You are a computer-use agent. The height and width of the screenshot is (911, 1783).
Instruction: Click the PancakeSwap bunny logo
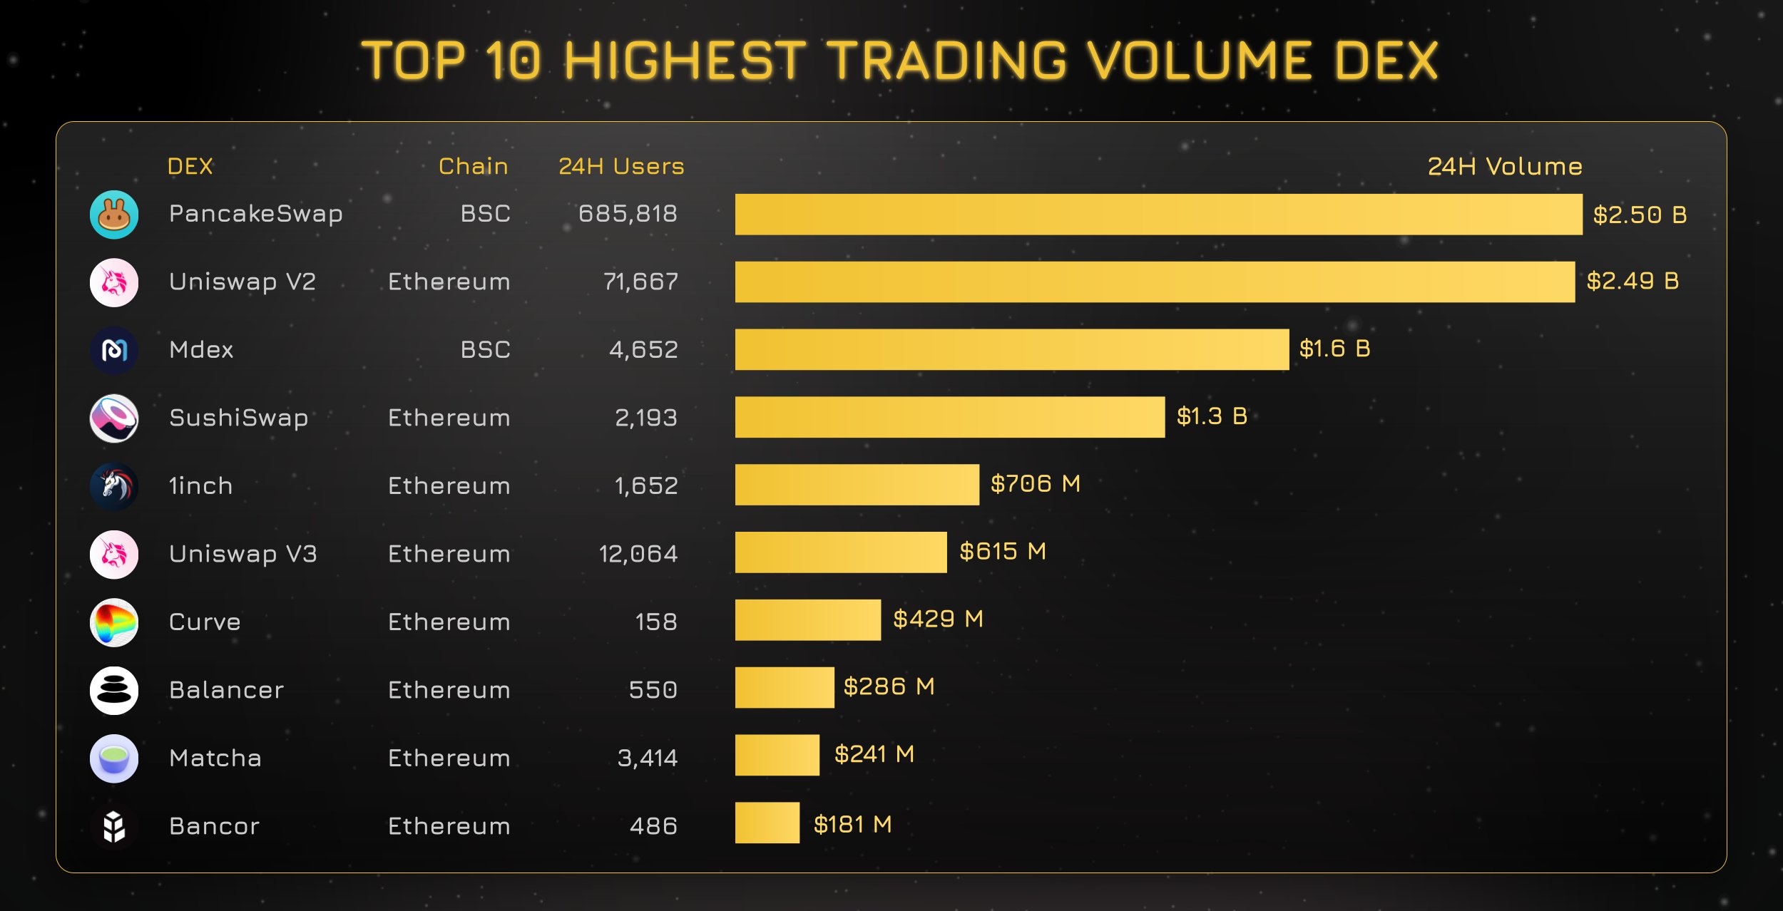click(x=114, y=215)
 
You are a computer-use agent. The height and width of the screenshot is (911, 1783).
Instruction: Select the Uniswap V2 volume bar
click(x=1155, y=282)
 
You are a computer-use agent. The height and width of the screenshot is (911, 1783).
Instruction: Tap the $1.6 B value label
click(x=1334, y=349)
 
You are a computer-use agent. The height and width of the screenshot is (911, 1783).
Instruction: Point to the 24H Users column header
click(x=621, y=166)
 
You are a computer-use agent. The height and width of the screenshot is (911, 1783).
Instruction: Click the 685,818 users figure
click(x=628, y=213)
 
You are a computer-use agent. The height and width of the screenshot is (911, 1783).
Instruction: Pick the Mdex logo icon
click(x=114, y=350)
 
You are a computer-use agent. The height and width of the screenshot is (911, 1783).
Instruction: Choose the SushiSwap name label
click(x=239, y=418)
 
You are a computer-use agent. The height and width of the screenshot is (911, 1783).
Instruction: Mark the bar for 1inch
click(x=857, y=485)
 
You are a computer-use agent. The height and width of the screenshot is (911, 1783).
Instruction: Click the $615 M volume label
click(x=1003, y=551)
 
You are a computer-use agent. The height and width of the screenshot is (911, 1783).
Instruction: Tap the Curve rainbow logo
click(x=114, y=622)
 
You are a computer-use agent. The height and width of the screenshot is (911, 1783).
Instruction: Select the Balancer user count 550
click(x=653, y=689)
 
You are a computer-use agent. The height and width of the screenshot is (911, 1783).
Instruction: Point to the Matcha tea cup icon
click(x=114, y=758)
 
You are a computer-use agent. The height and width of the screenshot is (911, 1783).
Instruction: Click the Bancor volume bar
click(x=767, y=823)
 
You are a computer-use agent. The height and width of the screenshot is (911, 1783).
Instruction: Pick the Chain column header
click(x=473, y=166)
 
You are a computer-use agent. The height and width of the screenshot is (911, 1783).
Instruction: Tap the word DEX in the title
click(x=1386, y=61)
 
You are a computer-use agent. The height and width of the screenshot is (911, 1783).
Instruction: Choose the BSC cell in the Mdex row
click(x=485, y=349)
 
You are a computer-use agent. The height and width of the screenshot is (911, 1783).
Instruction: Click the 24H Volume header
click(x=1505, y=166)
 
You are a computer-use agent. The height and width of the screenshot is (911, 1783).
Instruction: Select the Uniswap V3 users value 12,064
click(x=638, y=554)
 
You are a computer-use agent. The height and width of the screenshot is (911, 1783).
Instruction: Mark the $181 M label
click(x=853, y=825)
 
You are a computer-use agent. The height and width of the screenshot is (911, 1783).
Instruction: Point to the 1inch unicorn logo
click(x=114, y=486)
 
